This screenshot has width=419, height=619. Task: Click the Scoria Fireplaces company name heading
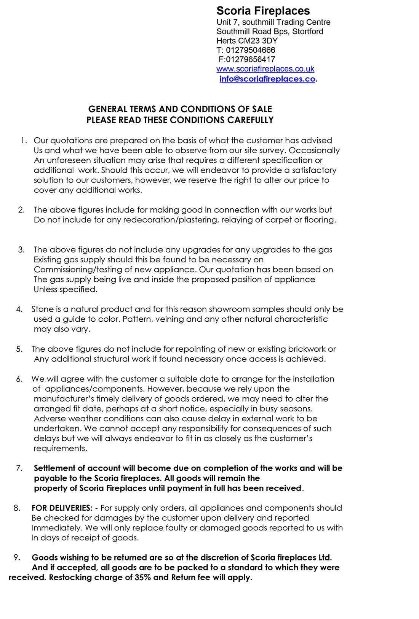pyautogui.click(x=263, y=11)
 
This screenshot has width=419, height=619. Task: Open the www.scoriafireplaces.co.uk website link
pyautogui.click(x=265, y=69)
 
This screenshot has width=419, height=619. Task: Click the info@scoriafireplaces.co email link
pyautogui.click(x=267, y=79)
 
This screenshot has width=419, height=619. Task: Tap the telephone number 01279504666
pyautogui.click(x=250, y=50)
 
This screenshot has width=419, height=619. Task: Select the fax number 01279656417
pyautogui.click(x=250, y=59)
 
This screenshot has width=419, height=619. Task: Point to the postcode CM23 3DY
pyautogui.click(x=258, y=41)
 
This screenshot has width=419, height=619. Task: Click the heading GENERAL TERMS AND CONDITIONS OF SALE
pyautogui.click(x=180, y=110)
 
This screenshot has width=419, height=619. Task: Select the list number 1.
pyautogui.click(x=23, y=141)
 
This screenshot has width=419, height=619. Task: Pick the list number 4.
pyautogui.click(x=19, y=309)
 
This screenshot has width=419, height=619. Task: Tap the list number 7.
pyautogui.click(x=19, y=468)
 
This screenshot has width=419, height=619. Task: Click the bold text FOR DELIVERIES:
pyautogui.click(x=62, y=508)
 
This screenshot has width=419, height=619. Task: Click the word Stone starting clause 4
pyautogui.click(x=42, y=309)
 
